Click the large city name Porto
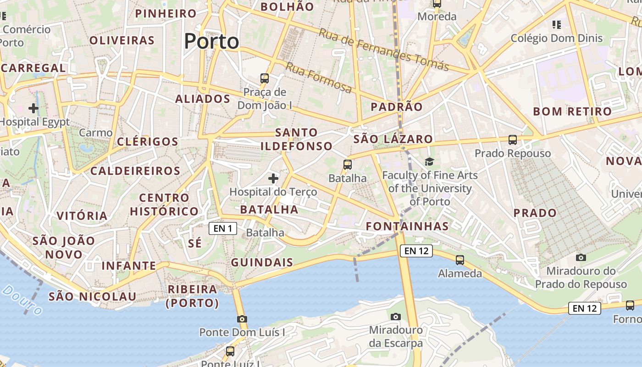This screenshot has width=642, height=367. pyautogui.click(x=211, y=41)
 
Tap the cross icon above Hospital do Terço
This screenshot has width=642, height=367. pyautogui.click(x=273, y=178)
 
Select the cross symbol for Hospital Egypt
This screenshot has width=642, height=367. pyautogui.click(x=33, y=109)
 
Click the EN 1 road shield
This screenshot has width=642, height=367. pyautogui.click(x=223, y=228)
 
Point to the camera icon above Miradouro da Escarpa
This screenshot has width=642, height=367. pyautogui.click(x=396, y=317)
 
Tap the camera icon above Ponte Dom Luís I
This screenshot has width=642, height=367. pyautogui.click(x=242, y=319)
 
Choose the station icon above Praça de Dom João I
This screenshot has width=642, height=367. pyautogui.click(x=265, y=78)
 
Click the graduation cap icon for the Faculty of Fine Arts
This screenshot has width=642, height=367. pyautogui.click(x=429, y=161)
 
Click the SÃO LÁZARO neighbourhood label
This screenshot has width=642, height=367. pyautogui.click(x=393, y=139)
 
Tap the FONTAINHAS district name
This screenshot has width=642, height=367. pyautogui.click(x=407, y=226)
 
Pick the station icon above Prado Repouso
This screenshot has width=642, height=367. pyautogui.click(x=513, y=139)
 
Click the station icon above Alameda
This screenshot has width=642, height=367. pyautogui.click(x=460, y=260)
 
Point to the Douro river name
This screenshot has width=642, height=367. pyautogui.click(x=22, y=300)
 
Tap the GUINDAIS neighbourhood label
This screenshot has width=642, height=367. pyautogui.click(x=262, y=262)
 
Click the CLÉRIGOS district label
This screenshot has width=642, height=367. pyautogui.click(x=147, y=142)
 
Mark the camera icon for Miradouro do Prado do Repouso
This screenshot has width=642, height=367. pyautogui.click(x=581, y=257)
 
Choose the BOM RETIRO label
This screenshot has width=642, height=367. pyautogui.click(x=572, y=111)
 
